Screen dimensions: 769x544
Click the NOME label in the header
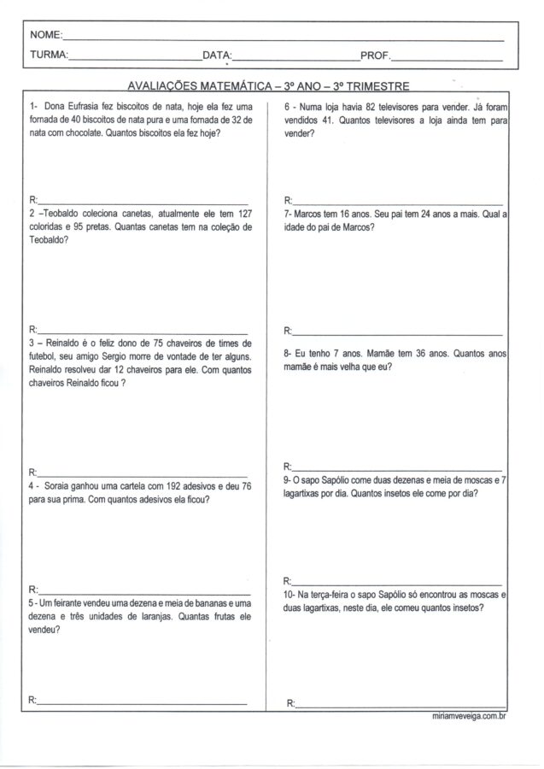click(x=45, y=36)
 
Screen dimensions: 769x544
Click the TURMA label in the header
click(x=48, y=56)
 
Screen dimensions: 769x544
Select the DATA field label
click(x=217, y=56)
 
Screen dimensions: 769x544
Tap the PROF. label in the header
click(x=375, y=56)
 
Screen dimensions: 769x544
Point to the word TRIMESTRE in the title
click(x=375, y=86)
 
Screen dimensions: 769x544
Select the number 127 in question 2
click(x=242, y=214)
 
